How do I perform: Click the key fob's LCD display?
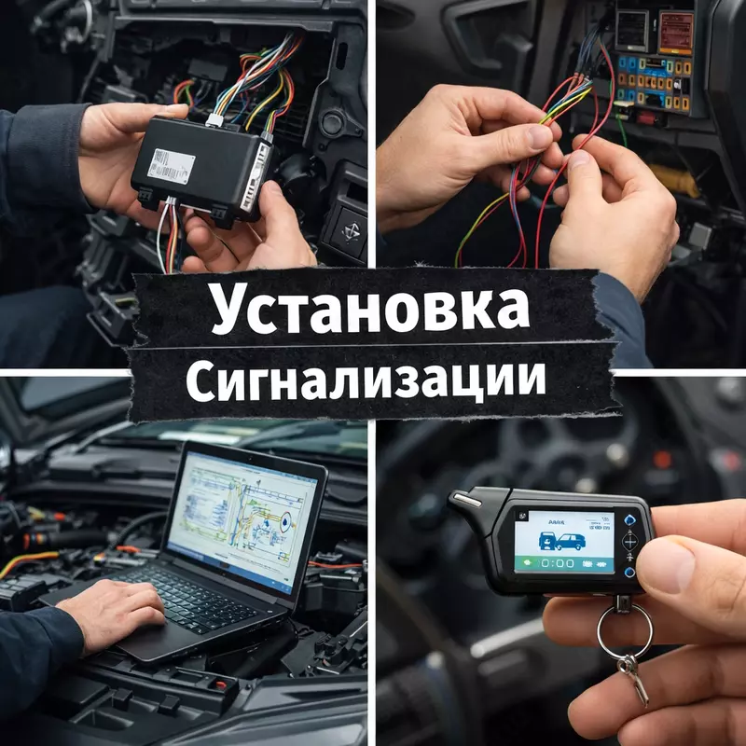563,544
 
